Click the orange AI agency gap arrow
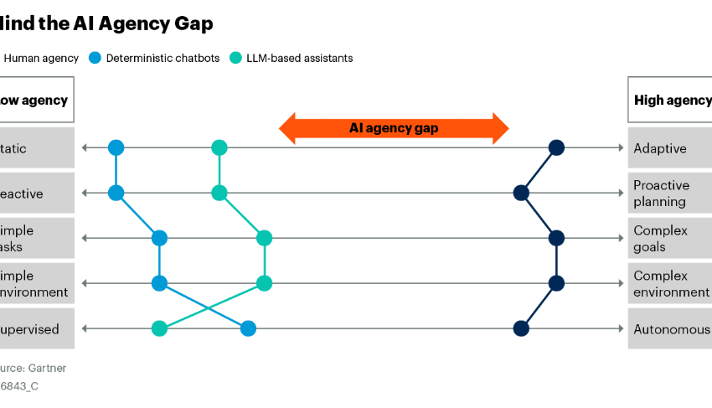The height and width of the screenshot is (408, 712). point(394,128)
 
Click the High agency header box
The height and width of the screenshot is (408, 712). point(671,101)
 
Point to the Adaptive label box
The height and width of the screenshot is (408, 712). point(669,148)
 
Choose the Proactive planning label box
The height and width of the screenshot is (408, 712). point(669,194)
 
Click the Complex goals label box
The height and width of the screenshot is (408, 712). point(669,239)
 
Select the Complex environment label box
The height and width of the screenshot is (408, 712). point(669,284)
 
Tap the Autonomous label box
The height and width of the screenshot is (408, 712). point(669,329)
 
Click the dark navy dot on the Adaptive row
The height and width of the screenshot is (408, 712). point(555,148)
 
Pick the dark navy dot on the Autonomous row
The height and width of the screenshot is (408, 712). point(521,328)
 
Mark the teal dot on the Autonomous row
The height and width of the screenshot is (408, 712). point(159,328)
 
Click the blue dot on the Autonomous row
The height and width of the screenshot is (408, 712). point(248,328)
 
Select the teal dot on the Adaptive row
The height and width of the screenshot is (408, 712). point(219,148)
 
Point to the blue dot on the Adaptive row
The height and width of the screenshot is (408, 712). point(116,148)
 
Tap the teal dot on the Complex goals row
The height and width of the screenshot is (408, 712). point(264,239)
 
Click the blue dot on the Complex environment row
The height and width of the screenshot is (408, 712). point(159,283)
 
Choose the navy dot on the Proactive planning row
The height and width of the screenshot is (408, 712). point(521,194)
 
